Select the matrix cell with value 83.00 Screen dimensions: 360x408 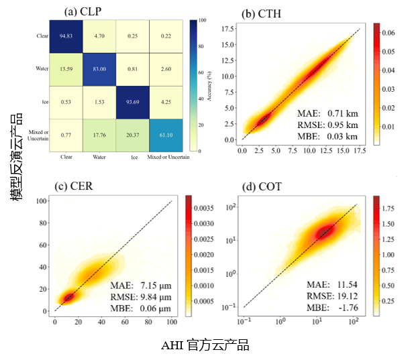point(99,69)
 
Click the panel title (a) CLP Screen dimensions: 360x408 point(82,11)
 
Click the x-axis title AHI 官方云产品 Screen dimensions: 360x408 point(205,345)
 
